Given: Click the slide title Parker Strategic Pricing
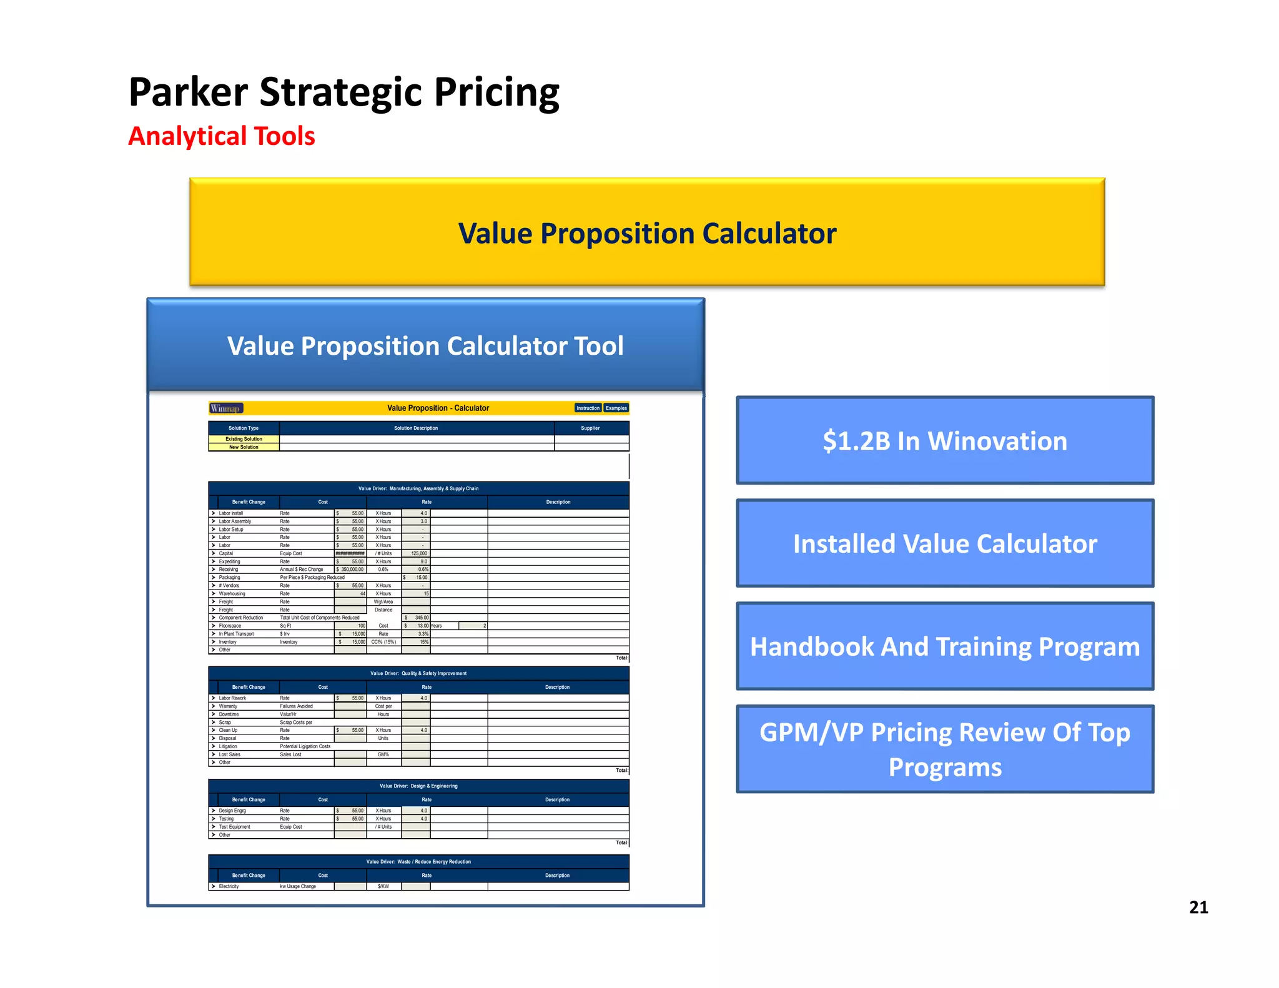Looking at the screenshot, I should click(x=343, y=92).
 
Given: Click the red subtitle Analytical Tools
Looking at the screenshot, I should click(x=222, y=136).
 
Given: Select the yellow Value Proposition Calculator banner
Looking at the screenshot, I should click(x=647, y=233).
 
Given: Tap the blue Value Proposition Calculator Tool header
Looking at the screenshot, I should click(x=425, y=345).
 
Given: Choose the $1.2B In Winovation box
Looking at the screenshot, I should click(x=945, y=441).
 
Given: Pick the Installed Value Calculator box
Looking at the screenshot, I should click(x=945, y=543).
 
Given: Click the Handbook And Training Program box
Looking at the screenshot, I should click(x=945, y=646).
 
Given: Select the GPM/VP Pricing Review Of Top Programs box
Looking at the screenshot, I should click(x=945, y=749).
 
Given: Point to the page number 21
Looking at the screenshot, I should click(x=1198, y=907).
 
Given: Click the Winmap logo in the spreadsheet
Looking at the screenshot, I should click(x=225, y=408).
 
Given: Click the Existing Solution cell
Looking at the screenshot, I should click(x=244, y=439).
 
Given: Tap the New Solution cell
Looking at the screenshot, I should click(x=244, y=447).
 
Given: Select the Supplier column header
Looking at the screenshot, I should click(x=590, y=428).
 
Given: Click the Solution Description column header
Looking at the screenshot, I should click(x=416, y=428).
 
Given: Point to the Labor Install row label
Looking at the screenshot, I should click(x=231, y=513).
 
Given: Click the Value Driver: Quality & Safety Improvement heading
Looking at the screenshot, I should click(x=418, y=673).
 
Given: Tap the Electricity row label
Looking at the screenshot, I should click(x=229, y=886).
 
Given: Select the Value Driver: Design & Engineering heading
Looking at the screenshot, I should click(x=418, y=786).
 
